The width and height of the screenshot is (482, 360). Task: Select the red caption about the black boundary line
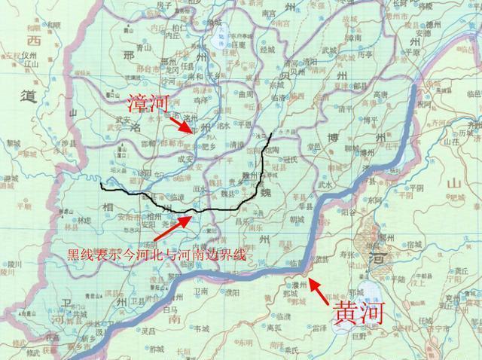pyautogui.click(x=157, y=255)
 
